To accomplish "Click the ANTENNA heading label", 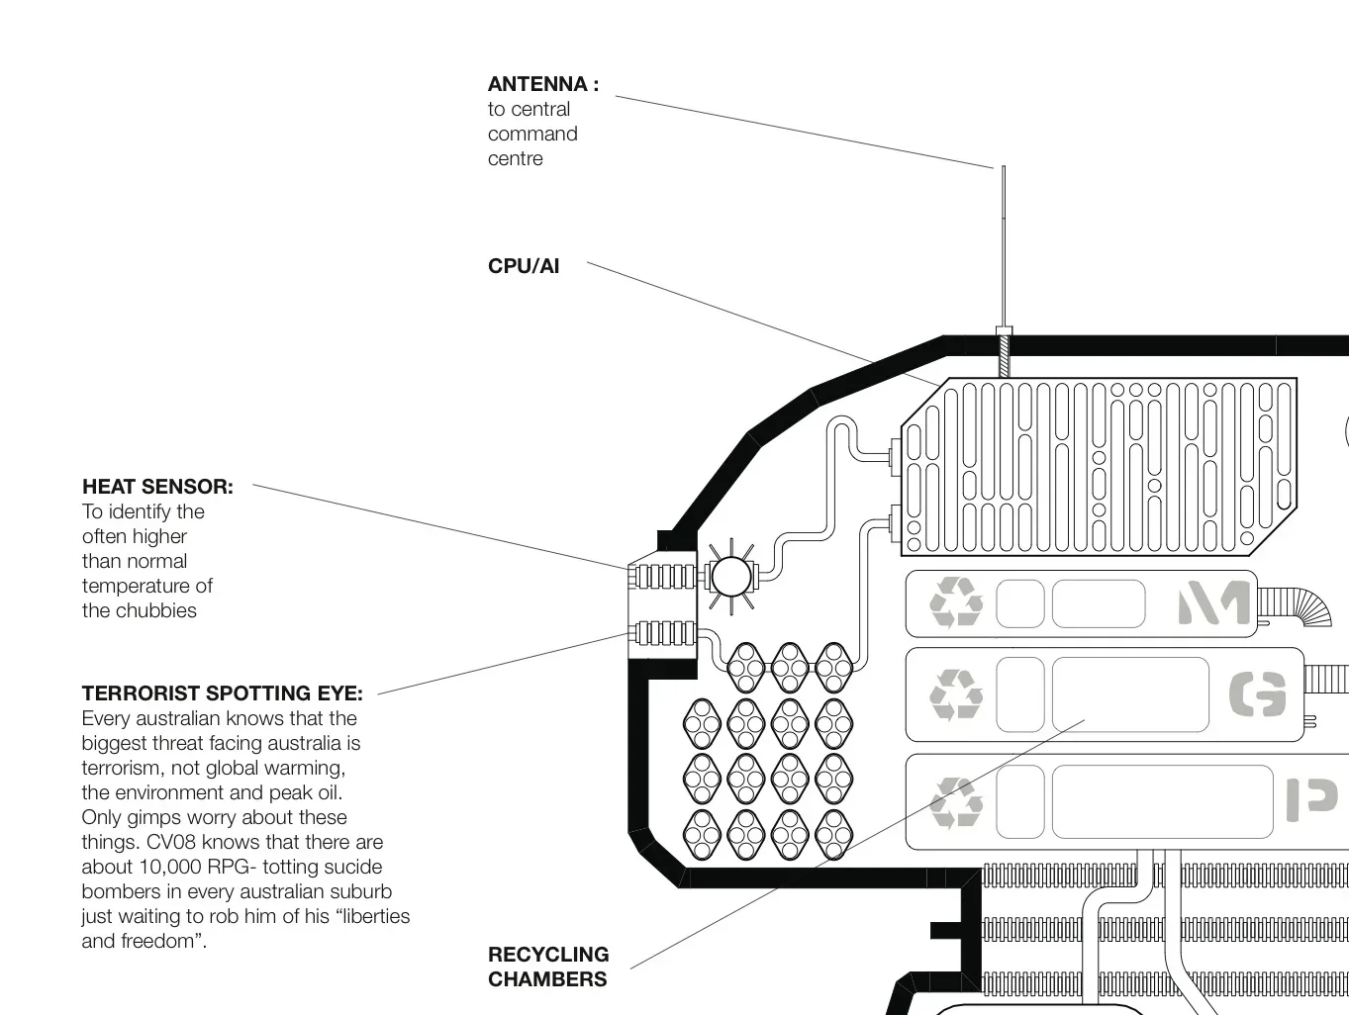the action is [543, 84].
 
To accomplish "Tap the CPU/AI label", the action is [524, 266].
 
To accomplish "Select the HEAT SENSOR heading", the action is [158, 487].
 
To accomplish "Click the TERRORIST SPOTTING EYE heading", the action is [223, 693].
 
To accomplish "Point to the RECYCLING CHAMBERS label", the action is [548, 967].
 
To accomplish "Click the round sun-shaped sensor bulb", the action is [730, 577].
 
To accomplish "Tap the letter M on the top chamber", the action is [1213, 602].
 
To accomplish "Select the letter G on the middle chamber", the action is [1257, 693].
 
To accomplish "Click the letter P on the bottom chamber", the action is [1311, 799].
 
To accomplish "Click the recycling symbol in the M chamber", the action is [956, 602].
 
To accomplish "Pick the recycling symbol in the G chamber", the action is [956, 694].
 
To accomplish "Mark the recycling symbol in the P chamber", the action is [956, 802].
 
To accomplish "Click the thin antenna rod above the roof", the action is [1004, 245].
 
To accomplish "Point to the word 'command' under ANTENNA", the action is [532, 134].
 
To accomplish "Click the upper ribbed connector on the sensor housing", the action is [665, 577].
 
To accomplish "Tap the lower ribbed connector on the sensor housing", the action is [665, 633].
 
